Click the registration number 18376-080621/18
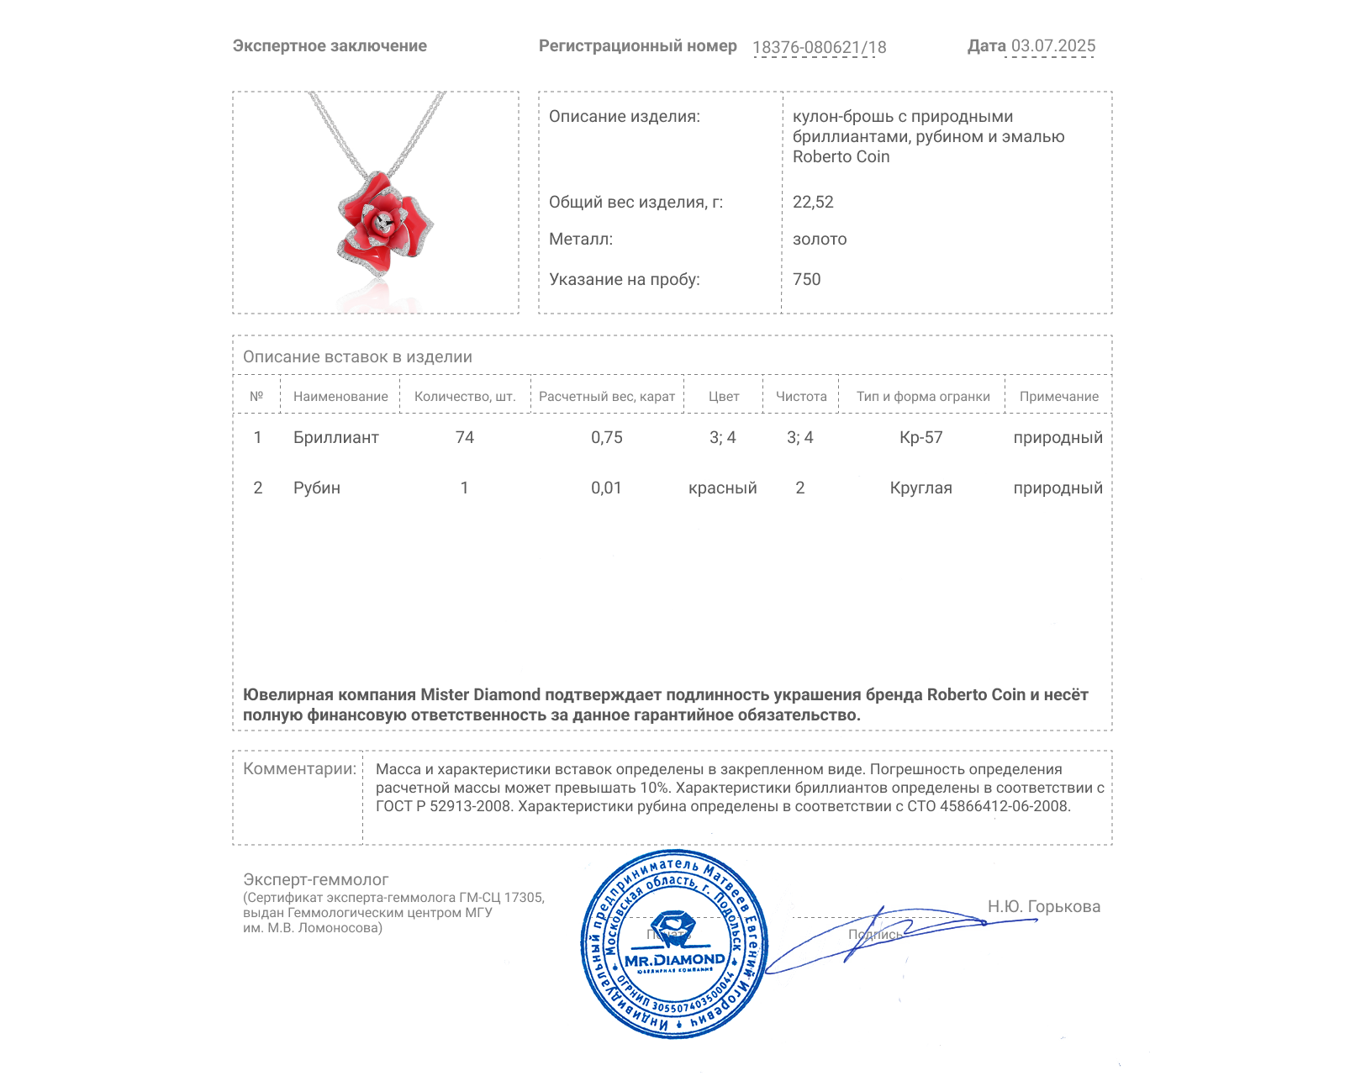click(x=819, y=47)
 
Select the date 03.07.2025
click(x=1052, y=46)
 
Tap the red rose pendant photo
click(x=384, y=224)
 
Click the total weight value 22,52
click(x=813, y=202)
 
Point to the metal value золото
click(x=820, y=239)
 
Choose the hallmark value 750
click(x=806, y=279)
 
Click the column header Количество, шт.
click(x=465, y=396)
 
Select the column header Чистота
click(x=800, y=396)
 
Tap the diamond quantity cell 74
click(x=465, y=437)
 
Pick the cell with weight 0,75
click(x=606, y=437)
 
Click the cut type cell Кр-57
click(x=920, y=437)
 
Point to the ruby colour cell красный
click(x=722, y=488)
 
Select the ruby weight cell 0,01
click(x=606, y=488)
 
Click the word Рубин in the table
click(x=316, y=488)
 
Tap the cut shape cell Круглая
click(x=920, y=488)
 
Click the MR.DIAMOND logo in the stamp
click(x=674, y=959)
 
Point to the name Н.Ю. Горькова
click(x=1043, y=906)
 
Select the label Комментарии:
click(x=299, y=768)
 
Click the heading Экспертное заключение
click(x=330, y=46)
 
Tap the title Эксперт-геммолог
click(x=315, y=879)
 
